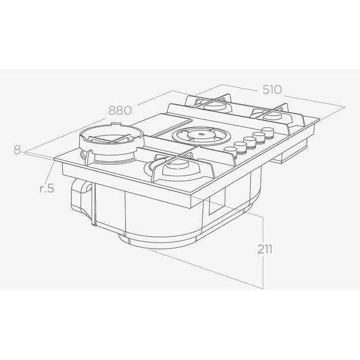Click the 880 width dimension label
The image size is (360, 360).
point(120,110)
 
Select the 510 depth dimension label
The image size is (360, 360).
point(272,89)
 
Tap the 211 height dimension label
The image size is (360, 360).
point(264,249)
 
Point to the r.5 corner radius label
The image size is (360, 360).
point(47,188)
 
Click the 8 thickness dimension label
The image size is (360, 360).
point(17,150)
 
